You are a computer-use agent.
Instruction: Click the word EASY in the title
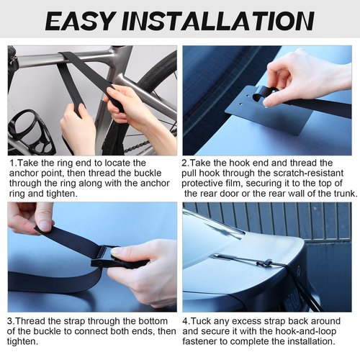click(79, 21)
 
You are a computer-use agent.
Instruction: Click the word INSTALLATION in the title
click(218, 21)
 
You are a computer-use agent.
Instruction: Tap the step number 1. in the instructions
click(13, 163)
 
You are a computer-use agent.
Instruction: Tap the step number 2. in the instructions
click(185, 163)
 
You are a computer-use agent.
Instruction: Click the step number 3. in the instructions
click(11, 321)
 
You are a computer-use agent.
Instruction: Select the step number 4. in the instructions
click(186, 321)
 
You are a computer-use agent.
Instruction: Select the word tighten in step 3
click(22, 342)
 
